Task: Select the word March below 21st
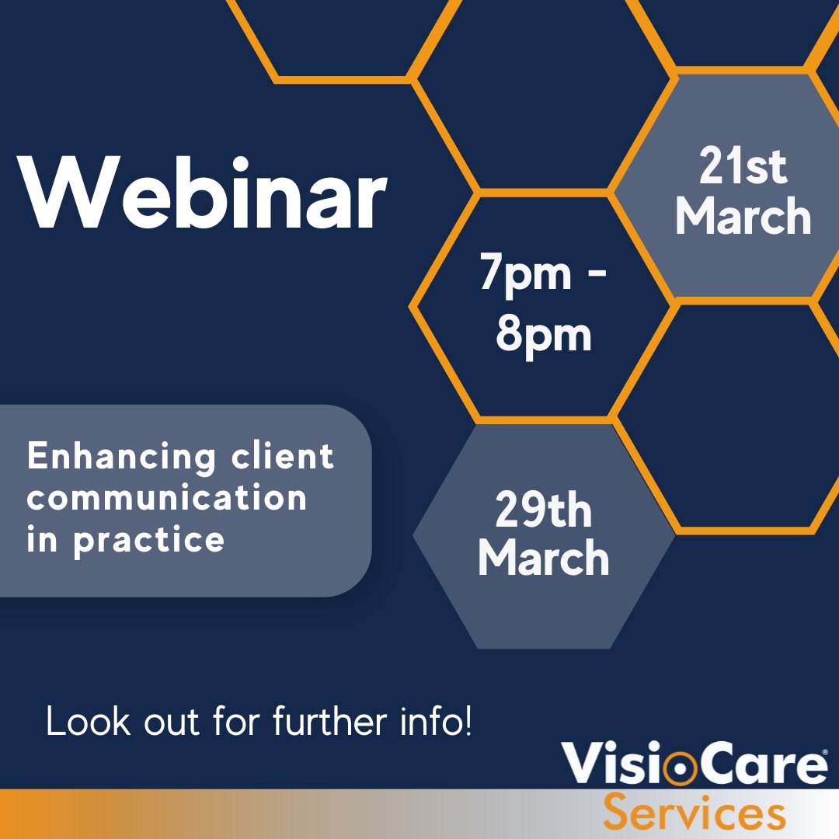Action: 743,217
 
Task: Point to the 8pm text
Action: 544,335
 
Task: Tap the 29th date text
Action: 543,512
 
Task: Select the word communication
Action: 167,498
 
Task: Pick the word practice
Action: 149,538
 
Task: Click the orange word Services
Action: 695,813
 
